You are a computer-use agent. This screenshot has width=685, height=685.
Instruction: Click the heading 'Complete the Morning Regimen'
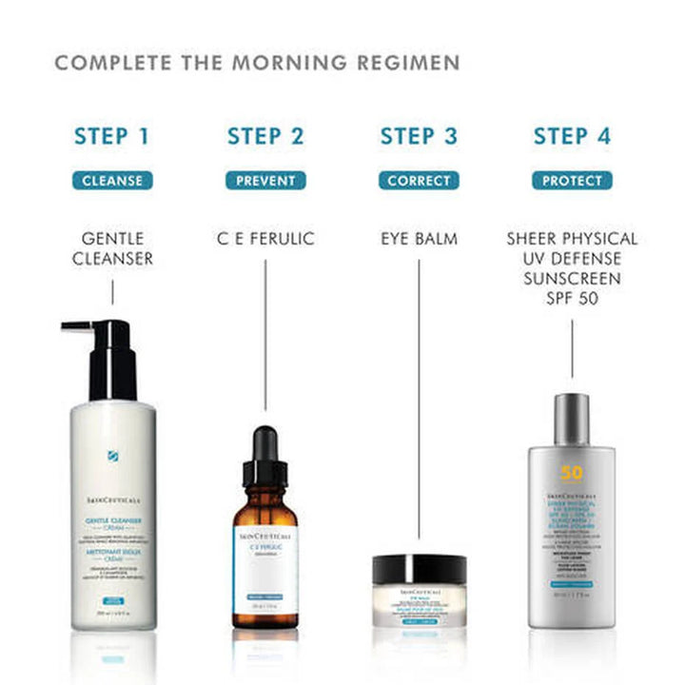coord(257,64)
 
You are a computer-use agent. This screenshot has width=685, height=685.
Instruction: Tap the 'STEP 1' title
coord(112,136)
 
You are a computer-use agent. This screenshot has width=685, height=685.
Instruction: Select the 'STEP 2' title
coord(265,136)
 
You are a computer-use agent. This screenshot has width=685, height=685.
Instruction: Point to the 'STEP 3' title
coord(419,136)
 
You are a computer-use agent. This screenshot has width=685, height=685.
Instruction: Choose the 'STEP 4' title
coord(572,136)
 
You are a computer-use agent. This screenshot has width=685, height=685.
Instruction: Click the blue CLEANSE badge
coord(112,180)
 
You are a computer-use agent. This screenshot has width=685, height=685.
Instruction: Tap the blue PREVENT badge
coord(265,180)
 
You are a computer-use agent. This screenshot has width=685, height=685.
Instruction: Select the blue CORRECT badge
coord(419,180)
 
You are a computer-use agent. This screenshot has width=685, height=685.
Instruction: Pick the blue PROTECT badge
coord(572,180)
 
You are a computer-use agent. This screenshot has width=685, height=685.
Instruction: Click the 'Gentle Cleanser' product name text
coord(112,248)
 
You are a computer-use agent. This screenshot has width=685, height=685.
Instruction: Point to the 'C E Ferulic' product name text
coord(265,239)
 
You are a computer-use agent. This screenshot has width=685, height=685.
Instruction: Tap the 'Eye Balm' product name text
coord(419,239)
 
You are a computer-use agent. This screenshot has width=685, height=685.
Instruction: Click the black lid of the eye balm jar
coord(420,570)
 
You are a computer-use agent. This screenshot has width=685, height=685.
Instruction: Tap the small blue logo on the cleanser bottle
coord(114,455)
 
